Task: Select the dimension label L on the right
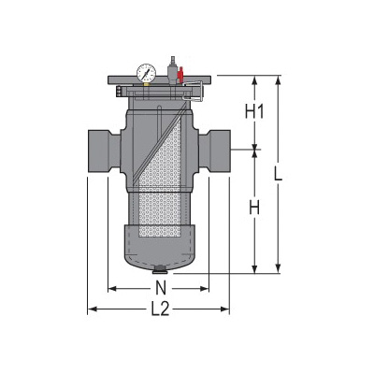[x=293, y=174]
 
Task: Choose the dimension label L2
[x=160, y=309]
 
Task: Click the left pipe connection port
[x=100, y=146]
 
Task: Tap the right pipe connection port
[x=220, y=146]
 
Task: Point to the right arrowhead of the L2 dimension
[x=229, y=309]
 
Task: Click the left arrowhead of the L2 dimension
[x=91, y=309]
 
